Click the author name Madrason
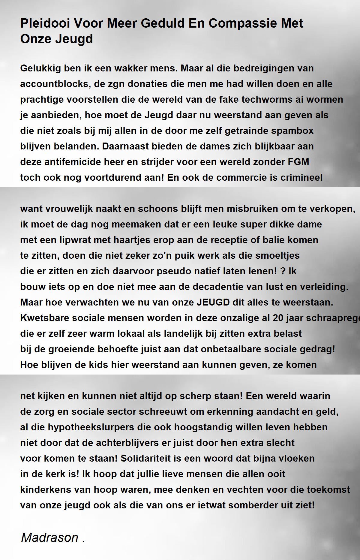(x=49, y=538)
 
